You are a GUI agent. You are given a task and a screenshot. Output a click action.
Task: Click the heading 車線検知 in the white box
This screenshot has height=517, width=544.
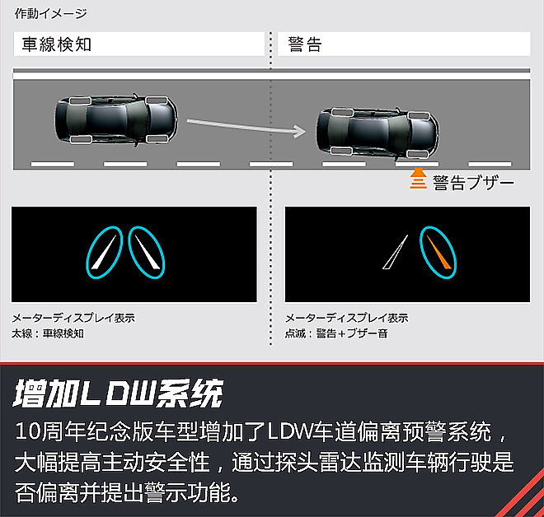(57, 44)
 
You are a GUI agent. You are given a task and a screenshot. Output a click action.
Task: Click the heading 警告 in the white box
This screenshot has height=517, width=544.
(305, 44)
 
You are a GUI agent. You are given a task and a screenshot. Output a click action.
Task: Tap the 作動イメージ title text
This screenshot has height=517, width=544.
(50, 13)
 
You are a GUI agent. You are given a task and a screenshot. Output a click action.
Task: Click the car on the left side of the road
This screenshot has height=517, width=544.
(116, 119)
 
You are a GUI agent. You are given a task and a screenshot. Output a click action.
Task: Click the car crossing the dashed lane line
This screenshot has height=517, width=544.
(378, 133)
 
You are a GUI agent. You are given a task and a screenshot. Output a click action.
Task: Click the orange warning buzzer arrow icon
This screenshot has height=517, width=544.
(419, 179)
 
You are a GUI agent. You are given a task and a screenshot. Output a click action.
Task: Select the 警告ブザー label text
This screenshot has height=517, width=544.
(473, 183)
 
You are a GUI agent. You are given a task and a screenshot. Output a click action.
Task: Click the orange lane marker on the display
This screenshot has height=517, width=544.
(438, 252)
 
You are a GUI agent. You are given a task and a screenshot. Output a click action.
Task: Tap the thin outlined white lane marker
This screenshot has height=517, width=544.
(395, 252)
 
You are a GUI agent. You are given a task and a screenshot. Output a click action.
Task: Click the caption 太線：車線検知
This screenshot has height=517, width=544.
(48, 333)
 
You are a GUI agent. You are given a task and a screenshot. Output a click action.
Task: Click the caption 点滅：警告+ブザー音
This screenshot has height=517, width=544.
(336, 333)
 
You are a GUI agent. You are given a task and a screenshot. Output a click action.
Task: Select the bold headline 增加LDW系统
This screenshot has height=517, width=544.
(118, 393)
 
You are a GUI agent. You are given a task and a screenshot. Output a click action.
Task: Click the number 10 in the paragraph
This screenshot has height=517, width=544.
(29, 431)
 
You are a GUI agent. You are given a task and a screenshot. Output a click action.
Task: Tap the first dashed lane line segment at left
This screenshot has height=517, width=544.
(53, 164)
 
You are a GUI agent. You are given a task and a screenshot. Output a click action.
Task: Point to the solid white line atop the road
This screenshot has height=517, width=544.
(271, 76)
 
